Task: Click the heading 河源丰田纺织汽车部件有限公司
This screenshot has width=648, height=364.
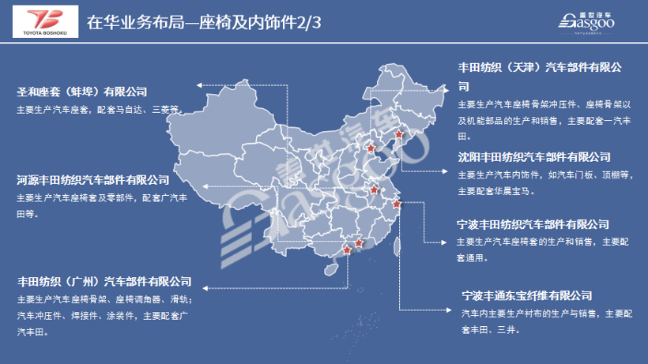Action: tap(93, 180)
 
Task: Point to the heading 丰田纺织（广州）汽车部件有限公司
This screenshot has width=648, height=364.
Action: tap(104, 281)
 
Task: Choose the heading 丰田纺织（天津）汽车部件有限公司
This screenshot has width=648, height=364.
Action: tap(541, 68)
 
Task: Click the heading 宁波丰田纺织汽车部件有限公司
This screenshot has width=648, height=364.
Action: tap(533, 224)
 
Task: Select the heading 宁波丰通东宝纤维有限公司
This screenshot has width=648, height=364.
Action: tap(528, 296)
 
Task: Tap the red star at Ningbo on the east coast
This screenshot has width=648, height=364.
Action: tap(397, 205)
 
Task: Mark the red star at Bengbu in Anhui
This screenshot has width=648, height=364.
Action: tap(375, 190)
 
